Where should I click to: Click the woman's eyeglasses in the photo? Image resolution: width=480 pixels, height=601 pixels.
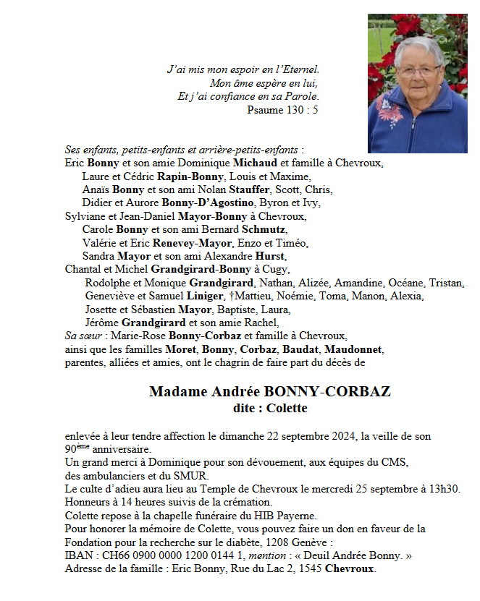pos(418,71)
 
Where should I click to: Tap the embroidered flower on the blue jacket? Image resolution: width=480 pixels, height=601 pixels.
pos(390,112)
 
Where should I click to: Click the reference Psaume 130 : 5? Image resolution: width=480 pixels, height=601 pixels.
pos(282,110)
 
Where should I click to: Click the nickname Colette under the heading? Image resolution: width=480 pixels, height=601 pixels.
pos(285,408)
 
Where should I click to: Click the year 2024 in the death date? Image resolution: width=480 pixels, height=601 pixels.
pos(343,435)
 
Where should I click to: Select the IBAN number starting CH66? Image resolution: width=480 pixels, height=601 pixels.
pos(174,555)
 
